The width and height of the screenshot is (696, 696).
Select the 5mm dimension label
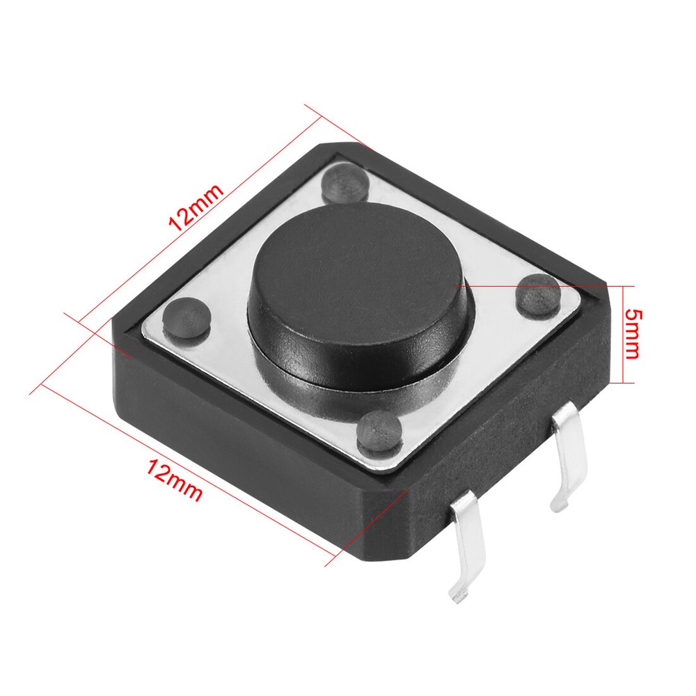632,333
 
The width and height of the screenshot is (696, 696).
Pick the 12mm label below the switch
174,480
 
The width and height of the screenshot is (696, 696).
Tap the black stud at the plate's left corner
185,317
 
